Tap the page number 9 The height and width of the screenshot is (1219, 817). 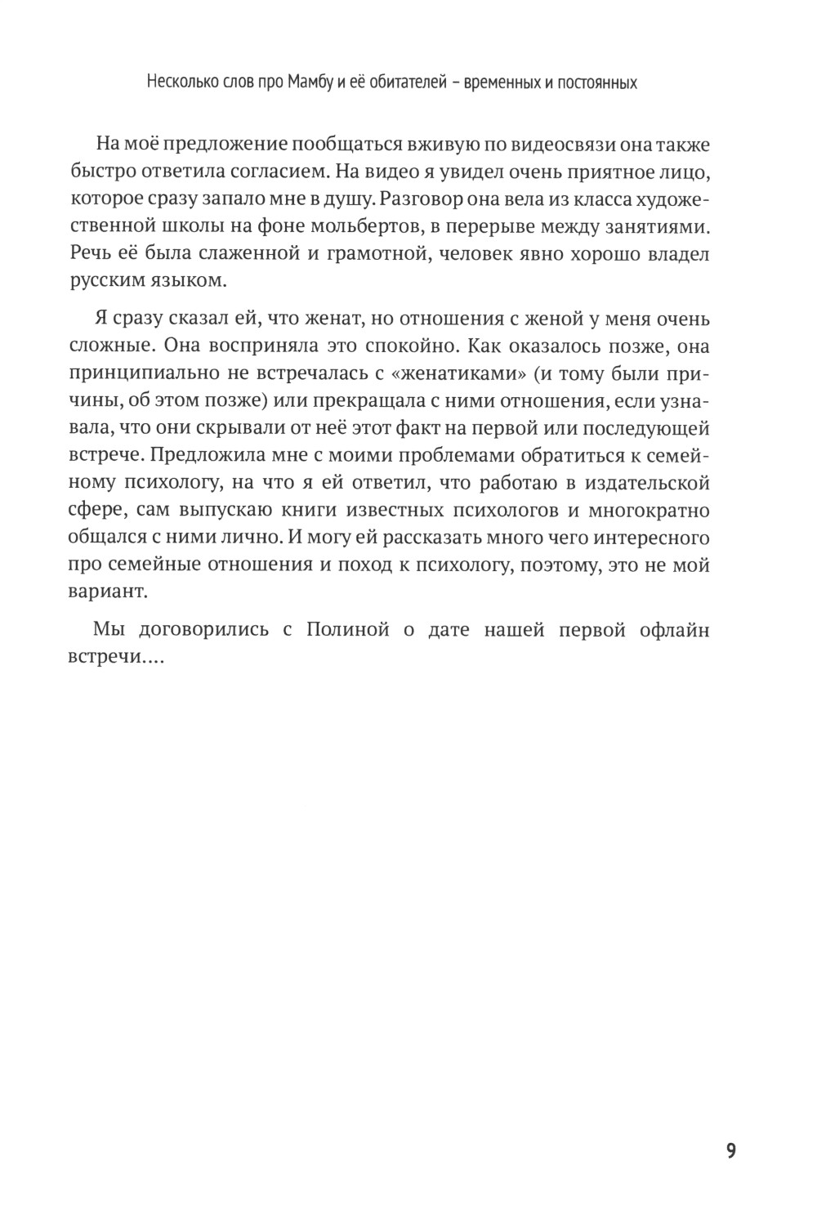tap(730, 1151)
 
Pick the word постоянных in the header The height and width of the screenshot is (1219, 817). tap(600, 83)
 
